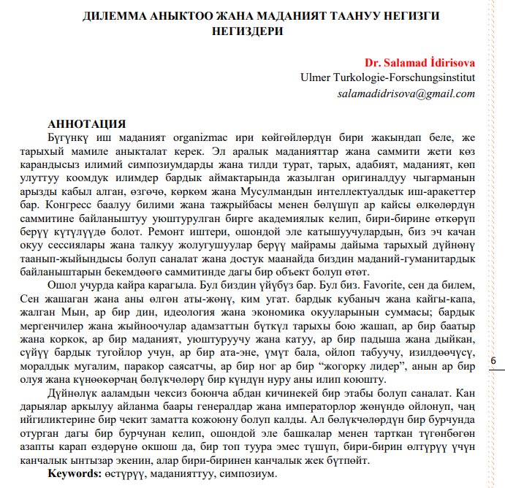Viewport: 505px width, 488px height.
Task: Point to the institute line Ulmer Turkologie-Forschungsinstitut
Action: (x=387, y=77)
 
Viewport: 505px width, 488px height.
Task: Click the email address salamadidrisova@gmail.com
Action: (x=406, y=94)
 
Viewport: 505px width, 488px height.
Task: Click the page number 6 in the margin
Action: (x=492, y=361)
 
